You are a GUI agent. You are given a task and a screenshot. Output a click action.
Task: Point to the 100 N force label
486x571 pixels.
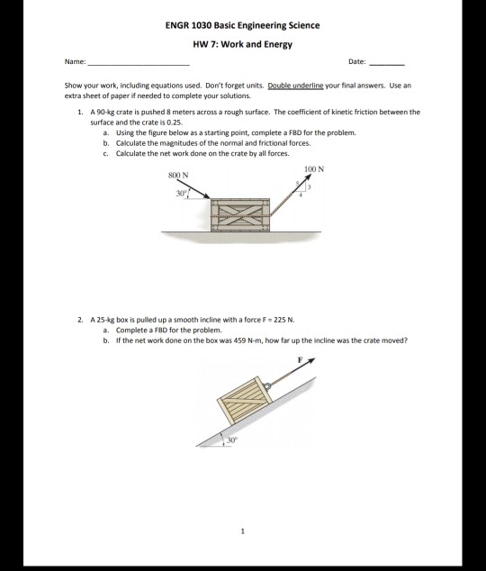pyautogui.click(x=314, y=168)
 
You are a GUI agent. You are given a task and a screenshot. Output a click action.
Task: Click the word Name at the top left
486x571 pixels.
pyautogui.click(x=76, y=63)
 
